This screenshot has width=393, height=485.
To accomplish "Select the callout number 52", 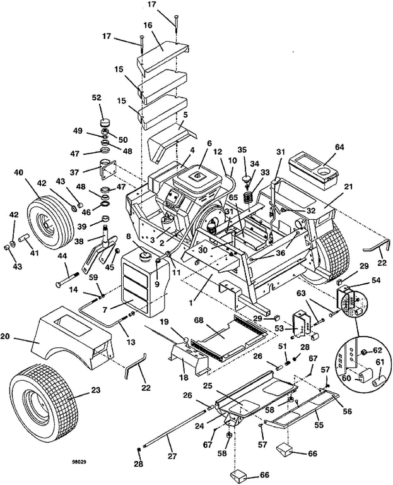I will (97, 98).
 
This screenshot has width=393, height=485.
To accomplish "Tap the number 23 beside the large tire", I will (95, 390).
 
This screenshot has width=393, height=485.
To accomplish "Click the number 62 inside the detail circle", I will (378, 349).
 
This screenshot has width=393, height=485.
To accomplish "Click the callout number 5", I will (185, 115).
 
